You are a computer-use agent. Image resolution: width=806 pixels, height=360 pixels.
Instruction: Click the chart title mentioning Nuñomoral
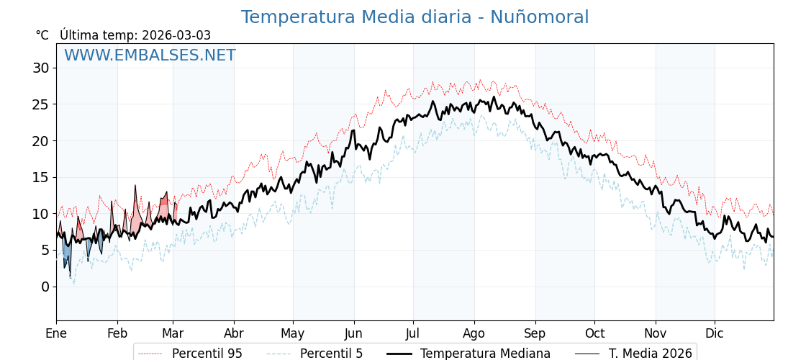pos(415,17)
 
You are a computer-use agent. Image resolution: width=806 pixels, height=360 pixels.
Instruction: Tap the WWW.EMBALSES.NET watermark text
pos(150,55)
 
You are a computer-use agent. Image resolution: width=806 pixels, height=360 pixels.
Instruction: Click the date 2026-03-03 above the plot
pos(176,35)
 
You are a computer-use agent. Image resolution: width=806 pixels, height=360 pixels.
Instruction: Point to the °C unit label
pos(42,35)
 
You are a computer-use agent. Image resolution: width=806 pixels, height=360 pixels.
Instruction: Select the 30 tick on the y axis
pos(41,68)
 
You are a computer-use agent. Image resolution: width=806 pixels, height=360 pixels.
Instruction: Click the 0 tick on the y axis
pos(45,287)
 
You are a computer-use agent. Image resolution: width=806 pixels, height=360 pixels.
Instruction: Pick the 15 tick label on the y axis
pos(41,177)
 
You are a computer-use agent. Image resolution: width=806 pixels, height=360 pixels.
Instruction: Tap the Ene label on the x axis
pos(56,333)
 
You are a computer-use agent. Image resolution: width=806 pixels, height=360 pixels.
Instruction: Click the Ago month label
pos(474,333)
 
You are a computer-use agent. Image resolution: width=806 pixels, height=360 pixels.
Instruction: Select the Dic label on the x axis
pos(715,333)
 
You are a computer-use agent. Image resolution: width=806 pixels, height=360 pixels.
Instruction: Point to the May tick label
pos(293,333)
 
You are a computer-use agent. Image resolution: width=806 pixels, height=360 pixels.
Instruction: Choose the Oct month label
pos(594,333)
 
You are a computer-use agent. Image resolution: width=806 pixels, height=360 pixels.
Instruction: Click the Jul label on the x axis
pos(413,333)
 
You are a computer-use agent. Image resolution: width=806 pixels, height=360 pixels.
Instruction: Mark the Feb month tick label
pos(117,333)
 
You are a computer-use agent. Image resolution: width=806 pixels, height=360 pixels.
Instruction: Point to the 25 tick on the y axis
pos(41,104)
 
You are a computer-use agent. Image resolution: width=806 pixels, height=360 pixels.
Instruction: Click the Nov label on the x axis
pos(656,333)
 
